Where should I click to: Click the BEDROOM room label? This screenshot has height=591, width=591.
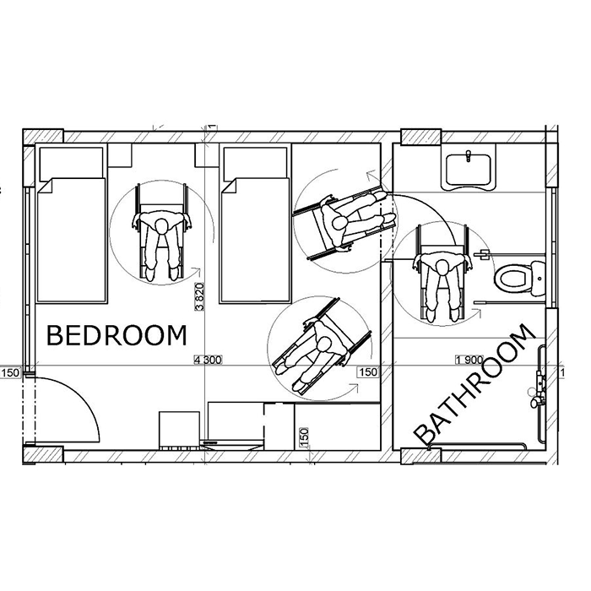pos(117,335)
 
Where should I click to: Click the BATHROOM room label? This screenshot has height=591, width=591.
pos(474,384)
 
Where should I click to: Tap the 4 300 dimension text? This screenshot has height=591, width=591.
pos(208,360)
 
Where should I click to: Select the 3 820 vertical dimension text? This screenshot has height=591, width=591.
pos(199,296)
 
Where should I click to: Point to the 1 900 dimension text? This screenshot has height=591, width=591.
pos(469,360)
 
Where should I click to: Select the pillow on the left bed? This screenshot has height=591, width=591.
pos(71,163)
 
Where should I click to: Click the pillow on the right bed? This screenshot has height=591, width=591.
pos(255,163)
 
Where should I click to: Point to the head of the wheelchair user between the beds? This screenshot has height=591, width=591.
pos(162,227)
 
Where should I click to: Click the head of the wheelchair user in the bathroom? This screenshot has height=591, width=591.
pos(442,268)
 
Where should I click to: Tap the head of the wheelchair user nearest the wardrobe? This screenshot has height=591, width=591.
pos(323,344)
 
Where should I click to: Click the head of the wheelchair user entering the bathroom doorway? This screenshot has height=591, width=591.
pos(340,223)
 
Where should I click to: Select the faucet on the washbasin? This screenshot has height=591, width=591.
pos(468,155)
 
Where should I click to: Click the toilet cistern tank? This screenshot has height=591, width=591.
pos(538,279)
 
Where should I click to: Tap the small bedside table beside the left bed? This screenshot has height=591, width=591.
pos(120,155)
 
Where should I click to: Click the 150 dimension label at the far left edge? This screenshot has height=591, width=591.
pos(10,373)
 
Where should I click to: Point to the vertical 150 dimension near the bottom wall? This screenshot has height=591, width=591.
pos(304,437)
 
